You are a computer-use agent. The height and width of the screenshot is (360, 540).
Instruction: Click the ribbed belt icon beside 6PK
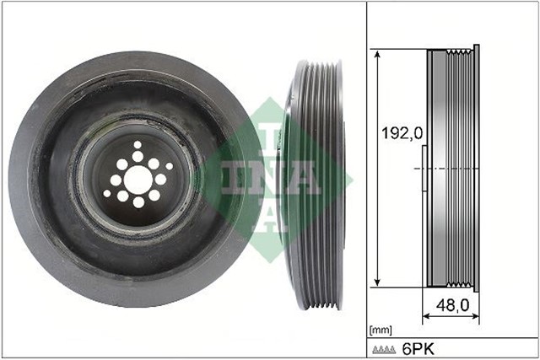(x=385, y=348)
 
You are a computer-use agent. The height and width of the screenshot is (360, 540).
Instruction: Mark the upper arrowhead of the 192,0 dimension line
(x=377, y=54)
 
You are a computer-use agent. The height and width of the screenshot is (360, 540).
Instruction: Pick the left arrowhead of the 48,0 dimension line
(x=425, y=316)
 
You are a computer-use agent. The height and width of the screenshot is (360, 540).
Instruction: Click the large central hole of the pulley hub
(x=138, y=179)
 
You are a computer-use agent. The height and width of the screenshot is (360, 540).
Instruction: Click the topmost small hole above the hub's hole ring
(x=138, y=145)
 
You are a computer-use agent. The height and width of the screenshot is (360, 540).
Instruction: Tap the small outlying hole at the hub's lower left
(x=107, y=194)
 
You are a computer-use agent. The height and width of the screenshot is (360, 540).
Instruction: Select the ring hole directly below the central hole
(x=138, y=202)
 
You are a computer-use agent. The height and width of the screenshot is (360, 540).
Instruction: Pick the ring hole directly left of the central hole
(x=116, y=180)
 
